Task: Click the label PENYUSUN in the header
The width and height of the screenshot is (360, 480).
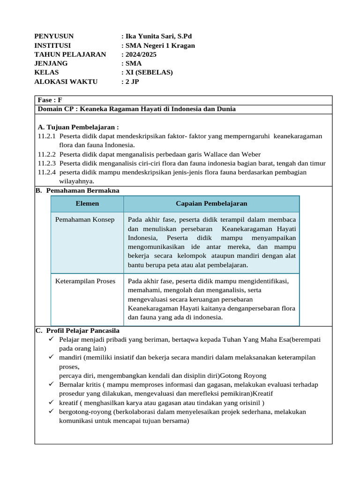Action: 54,37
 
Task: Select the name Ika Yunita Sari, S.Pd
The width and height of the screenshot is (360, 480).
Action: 158,37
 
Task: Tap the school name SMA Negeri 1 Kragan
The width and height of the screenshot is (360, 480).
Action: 159,45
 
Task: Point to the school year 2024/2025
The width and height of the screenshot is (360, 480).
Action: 140,54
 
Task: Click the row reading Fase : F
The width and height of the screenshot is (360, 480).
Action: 50,100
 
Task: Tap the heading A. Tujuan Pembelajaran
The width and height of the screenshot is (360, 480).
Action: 78,127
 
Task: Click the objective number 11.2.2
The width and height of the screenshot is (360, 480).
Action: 46,154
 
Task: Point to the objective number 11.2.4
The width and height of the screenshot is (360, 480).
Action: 46,172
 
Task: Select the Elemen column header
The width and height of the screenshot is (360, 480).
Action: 87,203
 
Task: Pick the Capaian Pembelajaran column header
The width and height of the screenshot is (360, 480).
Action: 211,203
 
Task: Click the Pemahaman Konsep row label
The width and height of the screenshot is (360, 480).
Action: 85,220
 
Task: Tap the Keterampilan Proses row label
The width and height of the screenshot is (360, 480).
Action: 85,281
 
